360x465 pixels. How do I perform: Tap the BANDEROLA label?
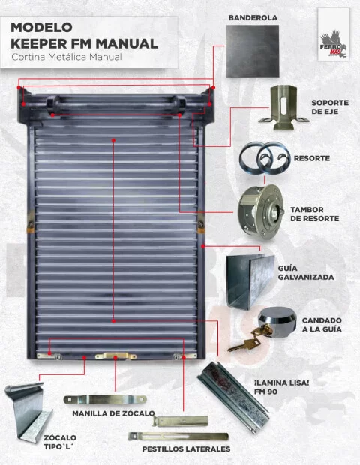pyautogui.click(x=253, y=18)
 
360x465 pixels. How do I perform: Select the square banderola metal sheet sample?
pyautogui.click(x=253, y=51)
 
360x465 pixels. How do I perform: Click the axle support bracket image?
pyautogui.click(x=283, y=108)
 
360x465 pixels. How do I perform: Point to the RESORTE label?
pyautogui.click(x=312, y=158)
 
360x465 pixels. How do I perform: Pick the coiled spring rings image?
pyautogui.click(x=265, y=159)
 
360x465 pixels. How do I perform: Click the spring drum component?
pyautogui.click(x=261, y=211)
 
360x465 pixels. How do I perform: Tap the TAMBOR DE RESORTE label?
pyautogui.click(x=315, y=214)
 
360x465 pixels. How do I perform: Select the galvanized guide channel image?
pyautogui.click(x=250, y=281)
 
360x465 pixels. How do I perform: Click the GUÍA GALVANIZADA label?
pyautogui.click(x=306, y=272)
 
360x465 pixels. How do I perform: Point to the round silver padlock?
pyautogui.click(x=277, y=322)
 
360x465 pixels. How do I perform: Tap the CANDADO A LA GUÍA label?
pyautogui.click(x=322, y=325)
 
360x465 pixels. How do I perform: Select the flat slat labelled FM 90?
pyautogui.click(x=233, y=397)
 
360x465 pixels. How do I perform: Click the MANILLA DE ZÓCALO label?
pyautogui.click(x=113, y=413)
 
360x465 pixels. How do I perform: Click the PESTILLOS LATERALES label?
pyautogui.click(x=186, y=449)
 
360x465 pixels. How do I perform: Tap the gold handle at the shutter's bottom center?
pyautogui.click(x=116, y=355)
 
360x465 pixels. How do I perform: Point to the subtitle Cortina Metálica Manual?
pyautogui.click(x=67, y=57)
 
